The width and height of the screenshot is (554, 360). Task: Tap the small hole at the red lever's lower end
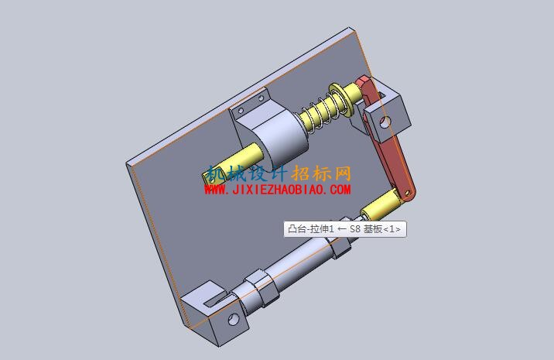point(407,193)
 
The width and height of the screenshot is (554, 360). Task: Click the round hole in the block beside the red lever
point(385,123)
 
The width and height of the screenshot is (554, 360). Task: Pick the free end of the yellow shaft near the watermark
point(209,177)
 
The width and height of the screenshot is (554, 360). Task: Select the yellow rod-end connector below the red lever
point(380,204)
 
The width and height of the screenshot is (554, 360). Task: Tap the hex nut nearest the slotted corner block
point(261,286)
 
